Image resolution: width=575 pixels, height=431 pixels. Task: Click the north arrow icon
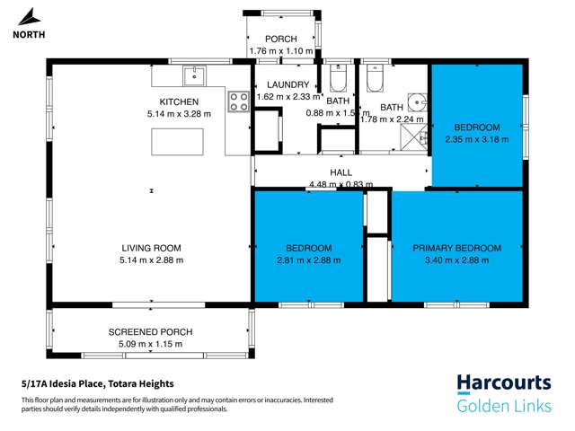(x=30, y=17)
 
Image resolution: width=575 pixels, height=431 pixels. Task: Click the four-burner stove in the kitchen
(x=239, y=101)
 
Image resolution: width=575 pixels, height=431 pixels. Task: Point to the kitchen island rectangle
(x=175, y=141)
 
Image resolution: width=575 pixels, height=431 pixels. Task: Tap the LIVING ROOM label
(x=152, y=248)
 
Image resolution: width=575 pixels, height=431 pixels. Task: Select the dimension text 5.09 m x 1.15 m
(x=151, y=345)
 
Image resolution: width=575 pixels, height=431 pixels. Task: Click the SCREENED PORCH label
(x=151, y=332)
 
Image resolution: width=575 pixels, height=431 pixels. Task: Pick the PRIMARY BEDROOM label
(x=457, y=248)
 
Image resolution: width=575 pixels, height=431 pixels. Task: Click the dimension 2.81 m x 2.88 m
(x=309, y=260)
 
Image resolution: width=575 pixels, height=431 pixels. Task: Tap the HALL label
(x=341, y=172)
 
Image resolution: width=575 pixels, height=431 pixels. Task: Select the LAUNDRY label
(x=282, y=84)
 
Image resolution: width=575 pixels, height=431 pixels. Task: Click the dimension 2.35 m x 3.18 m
(x=476, y=139)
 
